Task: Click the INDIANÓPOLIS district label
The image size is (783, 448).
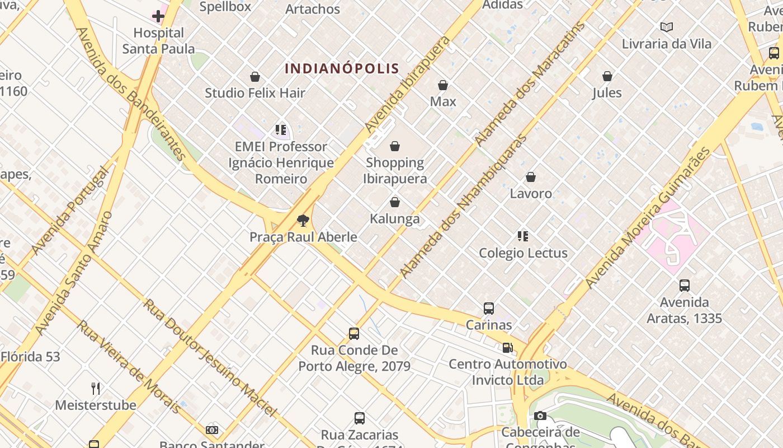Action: pos(342,68)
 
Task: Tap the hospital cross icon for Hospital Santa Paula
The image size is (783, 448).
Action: pos(158,16)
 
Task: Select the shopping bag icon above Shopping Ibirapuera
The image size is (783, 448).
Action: pos(395,146)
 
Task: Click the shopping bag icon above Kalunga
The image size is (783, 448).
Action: pos(395,202)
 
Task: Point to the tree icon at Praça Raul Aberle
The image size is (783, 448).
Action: pos(303,221)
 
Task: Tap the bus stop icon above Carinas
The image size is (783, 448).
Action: pos(489,309)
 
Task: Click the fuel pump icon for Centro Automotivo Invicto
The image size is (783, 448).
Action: pos(507,348)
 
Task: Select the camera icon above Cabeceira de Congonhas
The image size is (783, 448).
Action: pos(540,416)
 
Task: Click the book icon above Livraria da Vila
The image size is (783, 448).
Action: pos(667,27)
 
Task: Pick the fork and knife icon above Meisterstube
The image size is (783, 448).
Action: pos(96,388)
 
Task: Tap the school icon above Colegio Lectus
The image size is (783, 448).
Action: pos(523,236)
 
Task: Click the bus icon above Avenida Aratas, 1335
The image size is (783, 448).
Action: pos(684,286)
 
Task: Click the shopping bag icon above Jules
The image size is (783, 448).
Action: pos(607,76)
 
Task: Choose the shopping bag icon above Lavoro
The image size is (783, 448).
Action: pos(531,178)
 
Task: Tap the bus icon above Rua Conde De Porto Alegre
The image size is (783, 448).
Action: pos(354,334)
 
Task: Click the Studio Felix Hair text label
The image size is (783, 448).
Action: pos(255,93)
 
